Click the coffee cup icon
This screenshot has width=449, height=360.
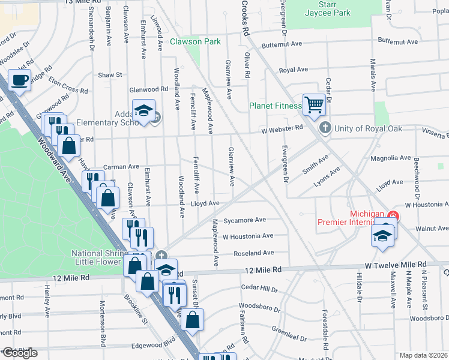[x=20, y=80]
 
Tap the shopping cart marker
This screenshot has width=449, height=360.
[x=313, y=105]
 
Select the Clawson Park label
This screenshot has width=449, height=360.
[x=195, y=42]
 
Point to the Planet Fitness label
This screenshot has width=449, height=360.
[x=276, y=107]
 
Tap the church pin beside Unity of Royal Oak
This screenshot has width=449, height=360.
[x=325, y=127]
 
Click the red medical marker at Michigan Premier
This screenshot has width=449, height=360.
[x=394, y=215]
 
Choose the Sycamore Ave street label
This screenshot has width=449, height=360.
[x=244, y=220]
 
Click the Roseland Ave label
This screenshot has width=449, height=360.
[x=253, y=253]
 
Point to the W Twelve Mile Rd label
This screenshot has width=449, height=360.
[x=396, y=265]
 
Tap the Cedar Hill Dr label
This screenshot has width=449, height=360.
[x=259, y=289]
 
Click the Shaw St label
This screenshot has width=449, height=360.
[x=110, y=75]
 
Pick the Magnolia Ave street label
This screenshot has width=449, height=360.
[x=390, y=158]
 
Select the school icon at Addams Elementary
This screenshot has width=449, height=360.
[x=143, y=112]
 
